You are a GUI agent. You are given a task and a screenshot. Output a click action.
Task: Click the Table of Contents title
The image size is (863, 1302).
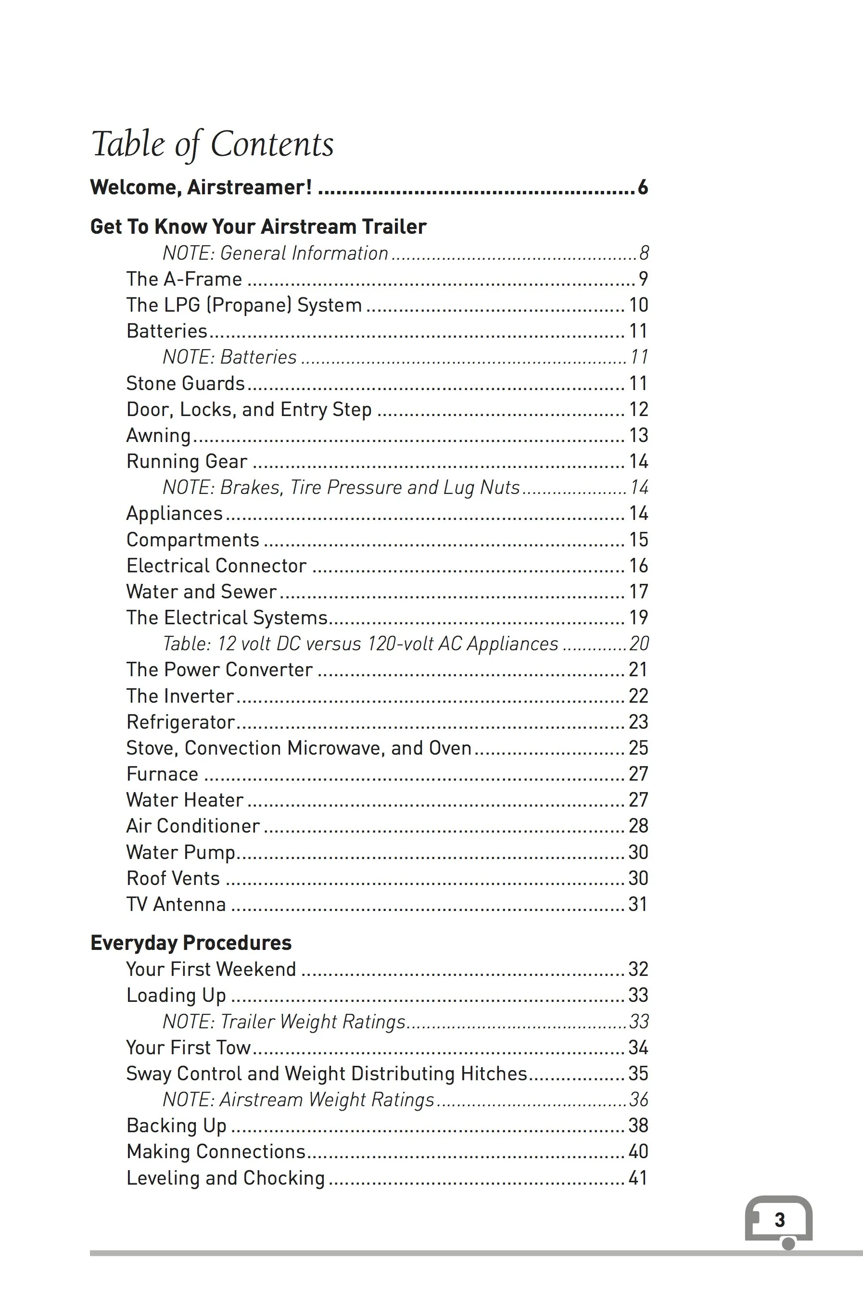(x=213, y=144)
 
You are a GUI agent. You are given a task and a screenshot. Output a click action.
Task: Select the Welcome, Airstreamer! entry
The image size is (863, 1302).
(x=202, y=188)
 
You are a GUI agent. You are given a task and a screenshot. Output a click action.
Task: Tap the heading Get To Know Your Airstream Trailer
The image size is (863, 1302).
(x=258, y=227)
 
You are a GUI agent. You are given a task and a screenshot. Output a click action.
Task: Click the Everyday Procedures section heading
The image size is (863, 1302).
(x=190, y=943)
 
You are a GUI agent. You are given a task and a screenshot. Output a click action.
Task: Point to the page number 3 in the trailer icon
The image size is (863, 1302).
(x=779, y=1219)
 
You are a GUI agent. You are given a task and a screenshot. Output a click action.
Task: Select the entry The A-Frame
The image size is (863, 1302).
(x=184, y=279)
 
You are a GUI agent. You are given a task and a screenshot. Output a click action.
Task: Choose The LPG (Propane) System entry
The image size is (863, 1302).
(x=244, y=305)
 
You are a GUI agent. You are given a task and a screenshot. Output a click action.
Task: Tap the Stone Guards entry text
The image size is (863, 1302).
(x=186, y=383)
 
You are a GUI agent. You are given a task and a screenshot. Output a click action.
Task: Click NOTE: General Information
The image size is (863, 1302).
(x=275, y=253)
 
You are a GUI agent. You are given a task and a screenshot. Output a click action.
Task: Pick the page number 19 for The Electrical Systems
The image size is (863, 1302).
(x=638, y=618)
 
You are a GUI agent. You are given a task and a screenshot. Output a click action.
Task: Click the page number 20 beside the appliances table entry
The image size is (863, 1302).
(x=639, y=643)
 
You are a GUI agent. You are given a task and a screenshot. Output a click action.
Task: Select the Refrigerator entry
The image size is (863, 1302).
(x=180, y=722)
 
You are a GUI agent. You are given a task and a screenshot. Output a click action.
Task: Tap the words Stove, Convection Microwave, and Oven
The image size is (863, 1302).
(x=298, y=748)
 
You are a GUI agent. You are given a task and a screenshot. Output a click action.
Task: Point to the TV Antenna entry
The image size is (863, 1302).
(x=176, y=904)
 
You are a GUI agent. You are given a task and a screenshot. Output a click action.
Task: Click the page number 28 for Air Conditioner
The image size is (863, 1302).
(x=638, y=826)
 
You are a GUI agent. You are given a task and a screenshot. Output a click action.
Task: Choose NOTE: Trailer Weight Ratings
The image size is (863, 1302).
(x=284, y=1021)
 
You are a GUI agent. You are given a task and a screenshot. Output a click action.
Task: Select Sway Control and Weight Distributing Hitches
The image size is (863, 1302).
(x=326, y=1074)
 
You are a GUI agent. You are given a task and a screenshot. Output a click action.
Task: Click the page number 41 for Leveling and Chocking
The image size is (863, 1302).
(x=638, y=1177)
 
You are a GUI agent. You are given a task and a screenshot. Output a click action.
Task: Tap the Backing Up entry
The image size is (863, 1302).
(x=176, y=1126)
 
